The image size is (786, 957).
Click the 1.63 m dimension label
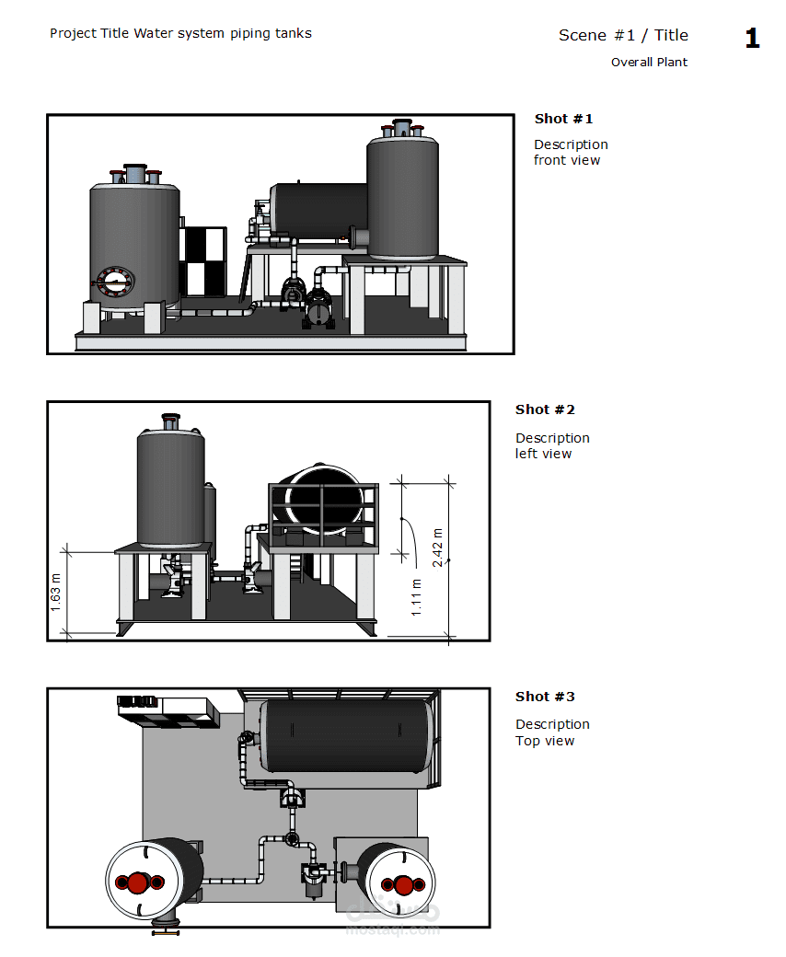click(x=55, y=593)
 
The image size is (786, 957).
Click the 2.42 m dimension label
click(x=437, y=548)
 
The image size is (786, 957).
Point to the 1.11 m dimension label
click(x=416, y=597)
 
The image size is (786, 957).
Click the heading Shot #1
click(x=563, y=119)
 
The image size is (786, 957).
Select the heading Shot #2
click(x=545, y=409)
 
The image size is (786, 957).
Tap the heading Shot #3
click(x=545, y=697)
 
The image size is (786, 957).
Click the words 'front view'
click(x=567, y=160)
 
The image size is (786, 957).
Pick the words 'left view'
click(x=543, y=454)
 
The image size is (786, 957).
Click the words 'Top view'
click(x=545, y=741)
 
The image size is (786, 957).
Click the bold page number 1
click(x=753, y=38)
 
